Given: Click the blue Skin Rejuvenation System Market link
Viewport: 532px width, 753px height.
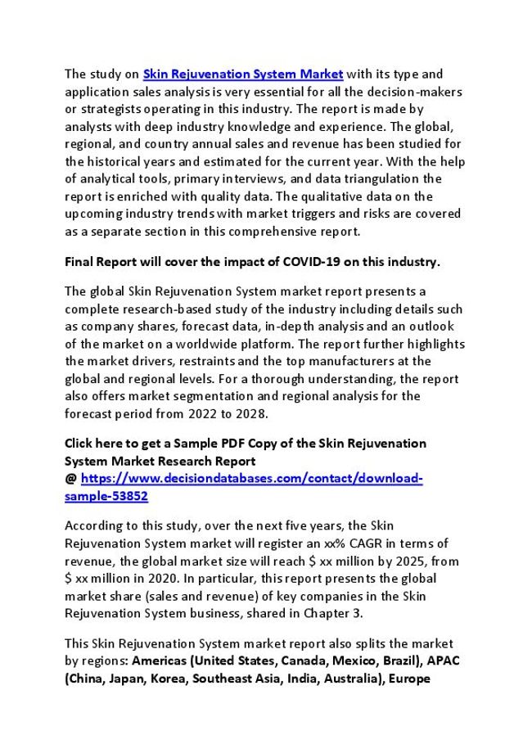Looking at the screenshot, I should tap(243, 74).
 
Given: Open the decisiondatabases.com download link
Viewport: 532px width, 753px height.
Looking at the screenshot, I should tap(251, 479).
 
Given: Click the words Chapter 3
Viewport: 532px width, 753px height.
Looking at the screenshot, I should tap(333, 615).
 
